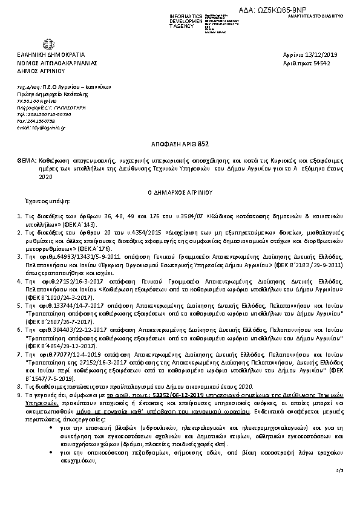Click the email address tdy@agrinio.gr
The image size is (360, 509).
coord(42,128)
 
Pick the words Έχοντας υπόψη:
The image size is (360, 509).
coord(51,200)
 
